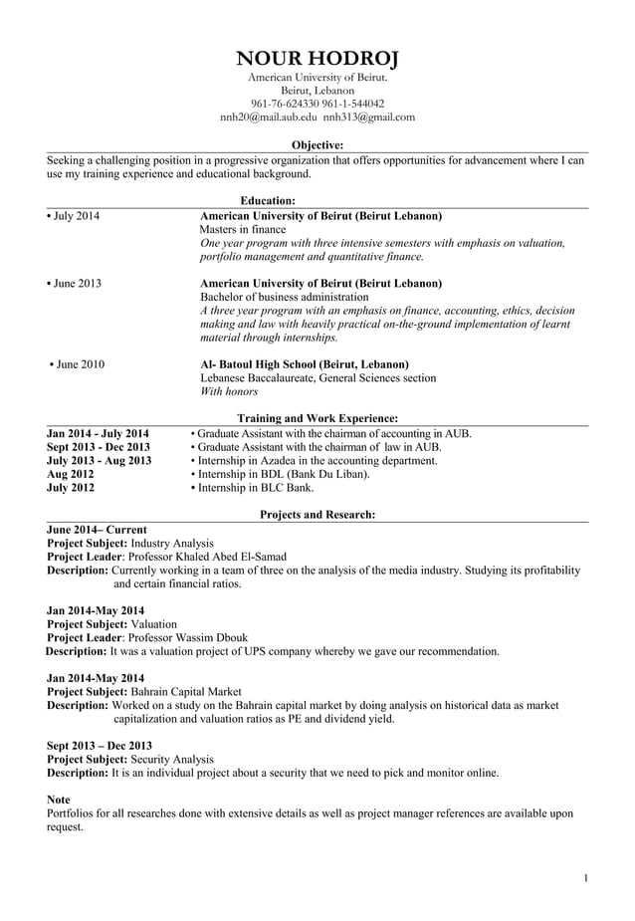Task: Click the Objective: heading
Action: (317, 144)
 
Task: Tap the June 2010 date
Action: (78, 364)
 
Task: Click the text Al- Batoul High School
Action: (264, 364)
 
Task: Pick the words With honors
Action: (229, 392)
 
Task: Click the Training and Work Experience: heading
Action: (317, 419)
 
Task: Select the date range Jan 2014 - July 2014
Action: (99, 433)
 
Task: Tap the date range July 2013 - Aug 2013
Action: (100, 461)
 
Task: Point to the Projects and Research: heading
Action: (317, 515)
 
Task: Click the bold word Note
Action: (59, 800)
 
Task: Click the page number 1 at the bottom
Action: (586, 877)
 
